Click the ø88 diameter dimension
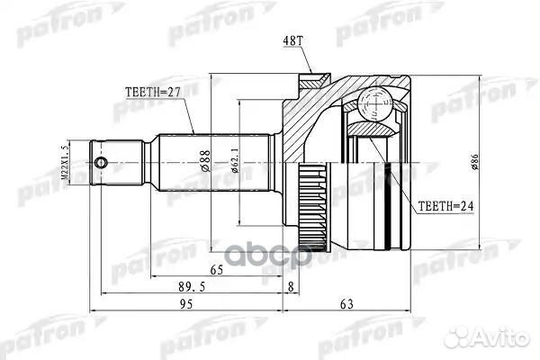[204, 159]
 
